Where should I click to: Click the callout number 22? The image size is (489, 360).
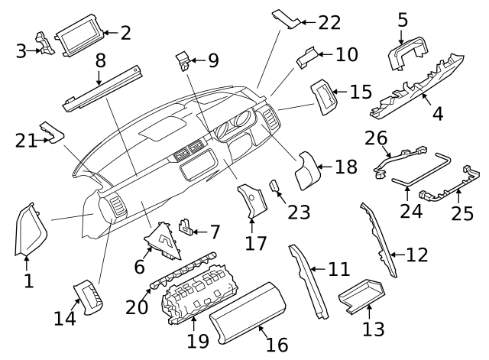(330, 22)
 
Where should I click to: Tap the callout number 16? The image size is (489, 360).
(277, 344)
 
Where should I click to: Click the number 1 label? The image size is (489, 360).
(28, 281)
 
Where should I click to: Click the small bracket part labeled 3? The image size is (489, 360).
(47, 45)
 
